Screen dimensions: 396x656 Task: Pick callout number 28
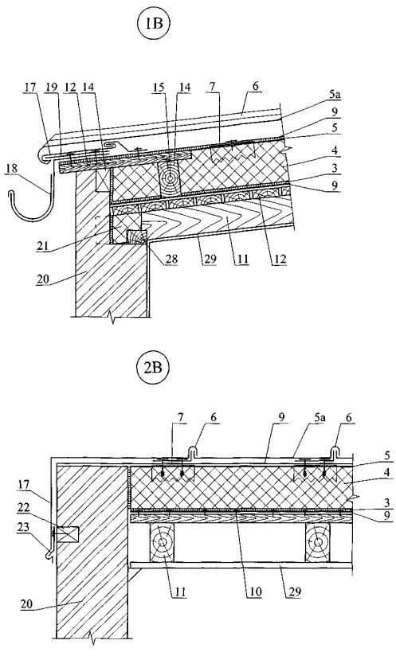pyautogui.click(x=171, y=259)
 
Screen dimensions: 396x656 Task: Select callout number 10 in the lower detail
pyautogui.click(x=255, y=592)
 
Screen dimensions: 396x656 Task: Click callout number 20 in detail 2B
pyautogui.click(x=28, y=604)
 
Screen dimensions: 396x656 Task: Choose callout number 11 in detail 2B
pyautogui.click(x=179, y=592)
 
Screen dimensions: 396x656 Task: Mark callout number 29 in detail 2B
pyautogui.click(x=294, y=592)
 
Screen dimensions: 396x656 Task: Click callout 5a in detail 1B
pyautogui.click(x=335, y=95)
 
